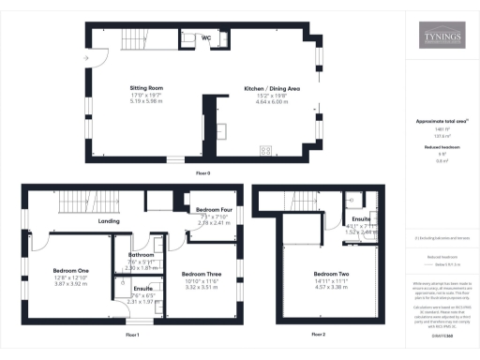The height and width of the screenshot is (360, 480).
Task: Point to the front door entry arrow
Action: [x=86, y=58]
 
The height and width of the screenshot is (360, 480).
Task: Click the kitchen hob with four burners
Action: [x=265, y=148]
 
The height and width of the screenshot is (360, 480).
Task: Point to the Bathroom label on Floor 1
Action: [x=142, y=254]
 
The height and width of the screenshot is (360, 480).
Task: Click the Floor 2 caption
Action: [x=318, y=334]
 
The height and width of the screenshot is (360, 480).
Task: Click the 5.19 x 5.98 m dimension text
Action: [x=146, y=100]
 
